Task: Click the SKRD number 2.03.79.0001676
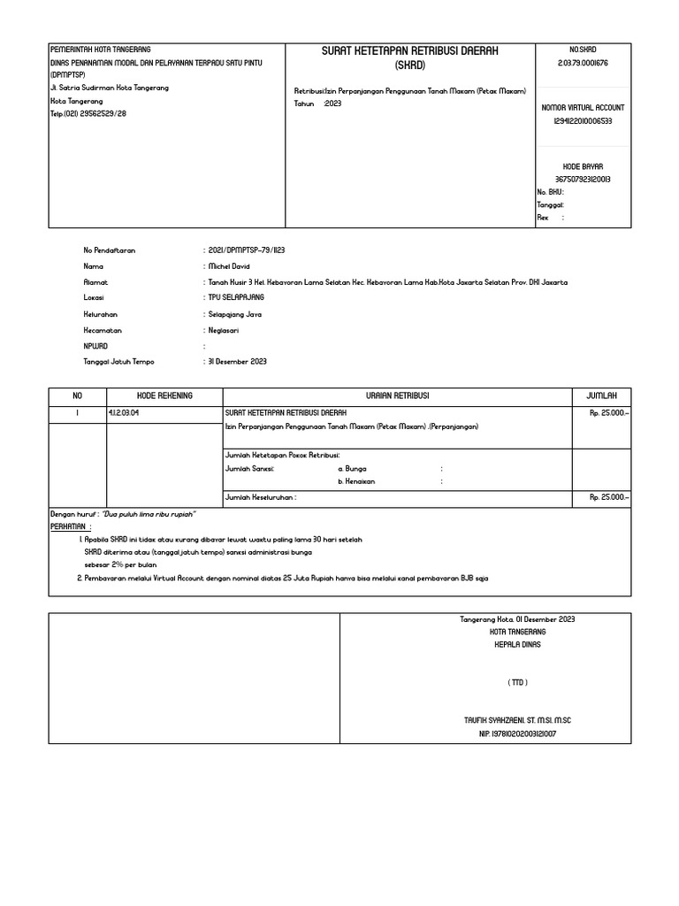click(x=583, y=64)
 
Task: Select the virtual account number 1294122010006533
click(x=583, y=121)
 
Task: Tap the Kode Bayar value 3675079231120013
click(x=583, y=180)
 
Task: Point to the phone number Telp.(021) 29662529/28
click(x=88, y=113)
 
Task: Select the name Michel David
click(x=228, y=266)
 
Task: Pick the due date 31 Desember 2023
click(x=237, y=362)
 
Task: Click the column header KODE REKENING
click(x=164, y=396)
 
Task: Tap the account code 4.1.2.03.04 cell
click(x=124, y=413)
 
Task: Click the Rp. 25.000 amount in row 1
click(x=609, y=413)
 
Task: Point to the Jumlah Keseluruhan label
click(x=261, y=498)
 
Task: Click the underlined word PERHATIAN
click(x=72, y=526)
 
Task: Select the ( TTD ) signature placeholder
click(x=519, y=683)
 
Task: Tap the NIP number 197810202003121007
click(x=518, y=734)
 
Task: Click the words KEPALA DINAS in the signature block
click(x=518, y=645)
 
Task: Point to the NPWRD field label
click(x=95, y=346)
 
